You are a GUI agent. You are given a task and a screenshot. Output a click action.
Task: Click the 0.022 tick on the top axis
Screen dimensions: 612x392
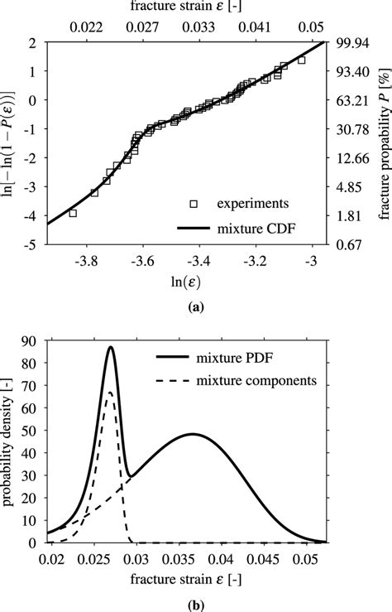[x=88, y=27]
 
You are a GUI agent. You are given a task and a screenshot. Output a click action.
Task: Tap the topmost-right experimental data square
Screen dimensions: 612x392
[x=301, y=60]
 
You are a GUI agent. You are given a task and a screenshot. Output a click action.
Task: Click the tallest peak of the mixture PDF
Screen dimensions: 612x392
[x=110, y=348]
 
